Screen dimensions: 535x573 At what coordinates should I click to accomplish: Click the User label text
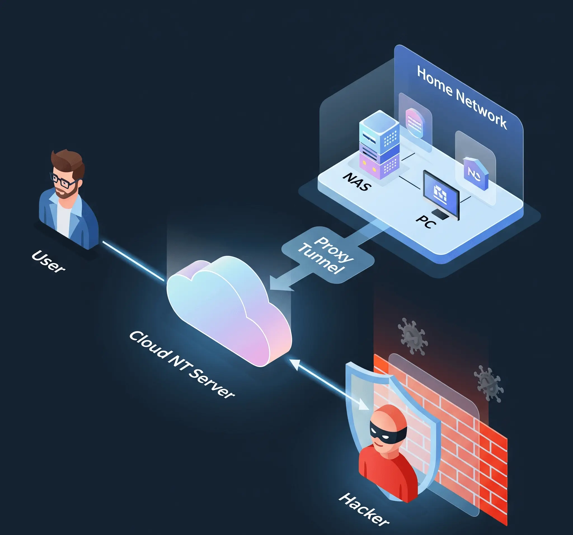point(48,261)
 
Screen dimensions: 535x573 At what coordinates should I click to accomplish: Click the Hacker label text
point(364,510)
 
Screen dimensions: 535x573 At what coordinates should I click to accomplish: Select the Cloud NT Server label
point(182,365)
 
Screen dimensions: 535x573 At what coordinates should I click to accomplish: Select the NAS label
point(357,181)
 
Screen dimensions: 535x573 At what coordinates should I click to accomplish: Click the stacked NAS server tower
point(379,144)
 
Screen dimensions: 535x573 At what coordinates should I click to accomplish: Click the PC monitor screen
point(441,193)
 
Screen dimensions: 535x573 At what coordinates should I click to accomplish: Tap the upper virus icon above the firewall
point(412,336)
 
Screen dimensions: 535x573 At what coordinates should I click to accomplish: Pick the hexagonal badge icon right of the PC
point(476,173)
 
